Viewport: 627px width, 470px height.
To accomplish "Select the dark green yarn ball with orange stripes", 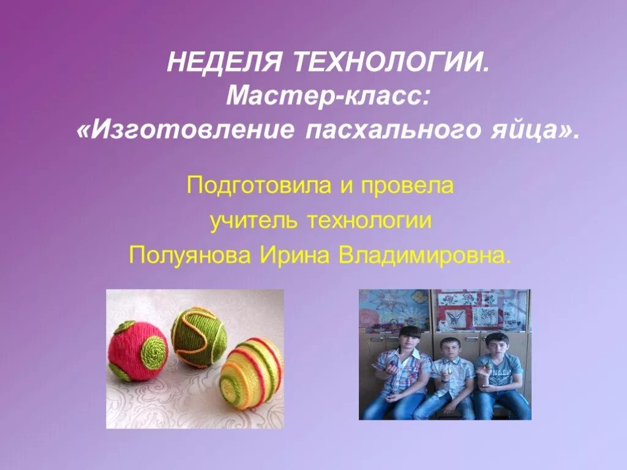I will click(x=198, y=336).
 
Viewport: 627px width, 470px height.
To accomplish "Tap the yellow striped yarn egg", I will click(x=250, y=365).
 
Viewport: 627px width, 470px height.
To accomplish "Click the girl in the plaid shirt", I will click(x=404, y=373).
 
